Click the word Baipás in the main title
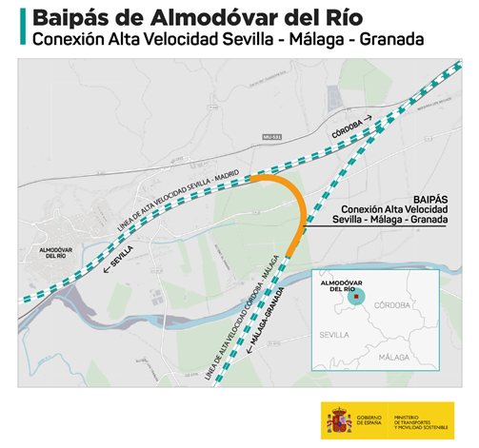(73, 18)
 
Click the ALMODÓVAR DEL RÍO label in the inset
(339, 285)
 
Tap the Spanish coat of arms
(338, 419)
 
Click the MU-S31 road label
(273, 138)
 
